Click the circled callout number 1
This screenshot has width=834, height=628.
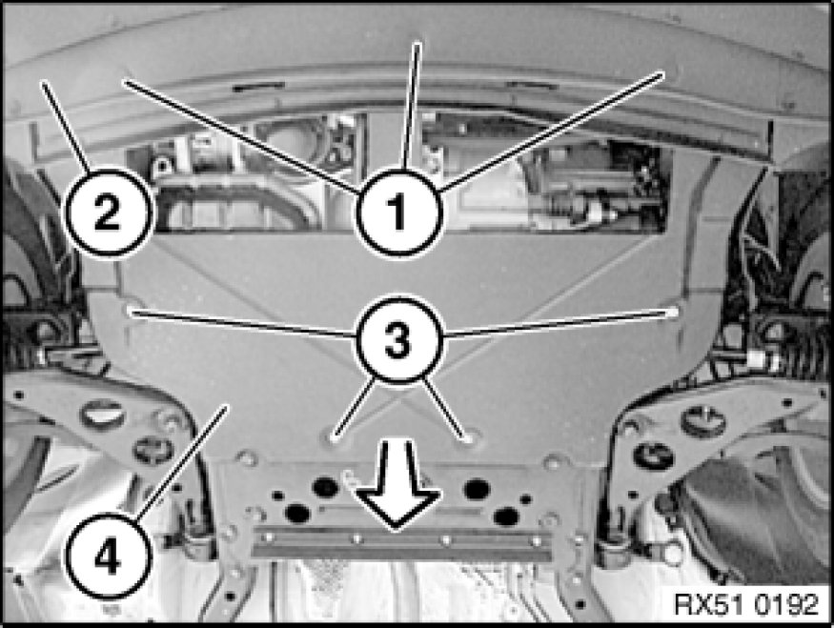point(399,212)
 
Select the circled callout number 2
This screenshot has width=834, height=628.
point(108,213)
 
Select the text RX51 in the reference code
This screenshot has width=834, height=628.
point(708,604)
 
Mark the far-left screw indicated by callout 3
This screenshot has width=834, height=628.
point(131,311)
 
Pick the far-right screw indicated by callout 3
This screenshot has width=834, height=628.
point(673,312)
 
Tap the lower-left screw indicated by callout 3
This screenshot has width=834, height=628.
point(334,438)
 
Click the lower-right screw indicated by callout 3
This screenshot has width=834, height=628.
point(468,438)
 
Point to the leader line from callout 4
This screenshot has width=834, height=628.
point(181,462)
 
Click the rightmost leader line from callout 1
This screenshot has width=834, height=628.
point(553,132)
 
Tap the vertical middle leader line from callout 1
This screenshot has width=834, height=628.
point(411,107)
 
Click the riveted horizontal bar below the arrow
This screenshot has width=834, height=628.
point(401,543)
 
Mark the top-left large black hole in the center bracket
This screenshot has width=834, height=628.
point(326,487)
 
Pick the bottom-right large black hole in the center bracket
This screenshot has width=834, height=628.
point(506,516)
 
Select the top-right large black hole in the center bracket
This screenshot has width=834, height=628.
point(477,489)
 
